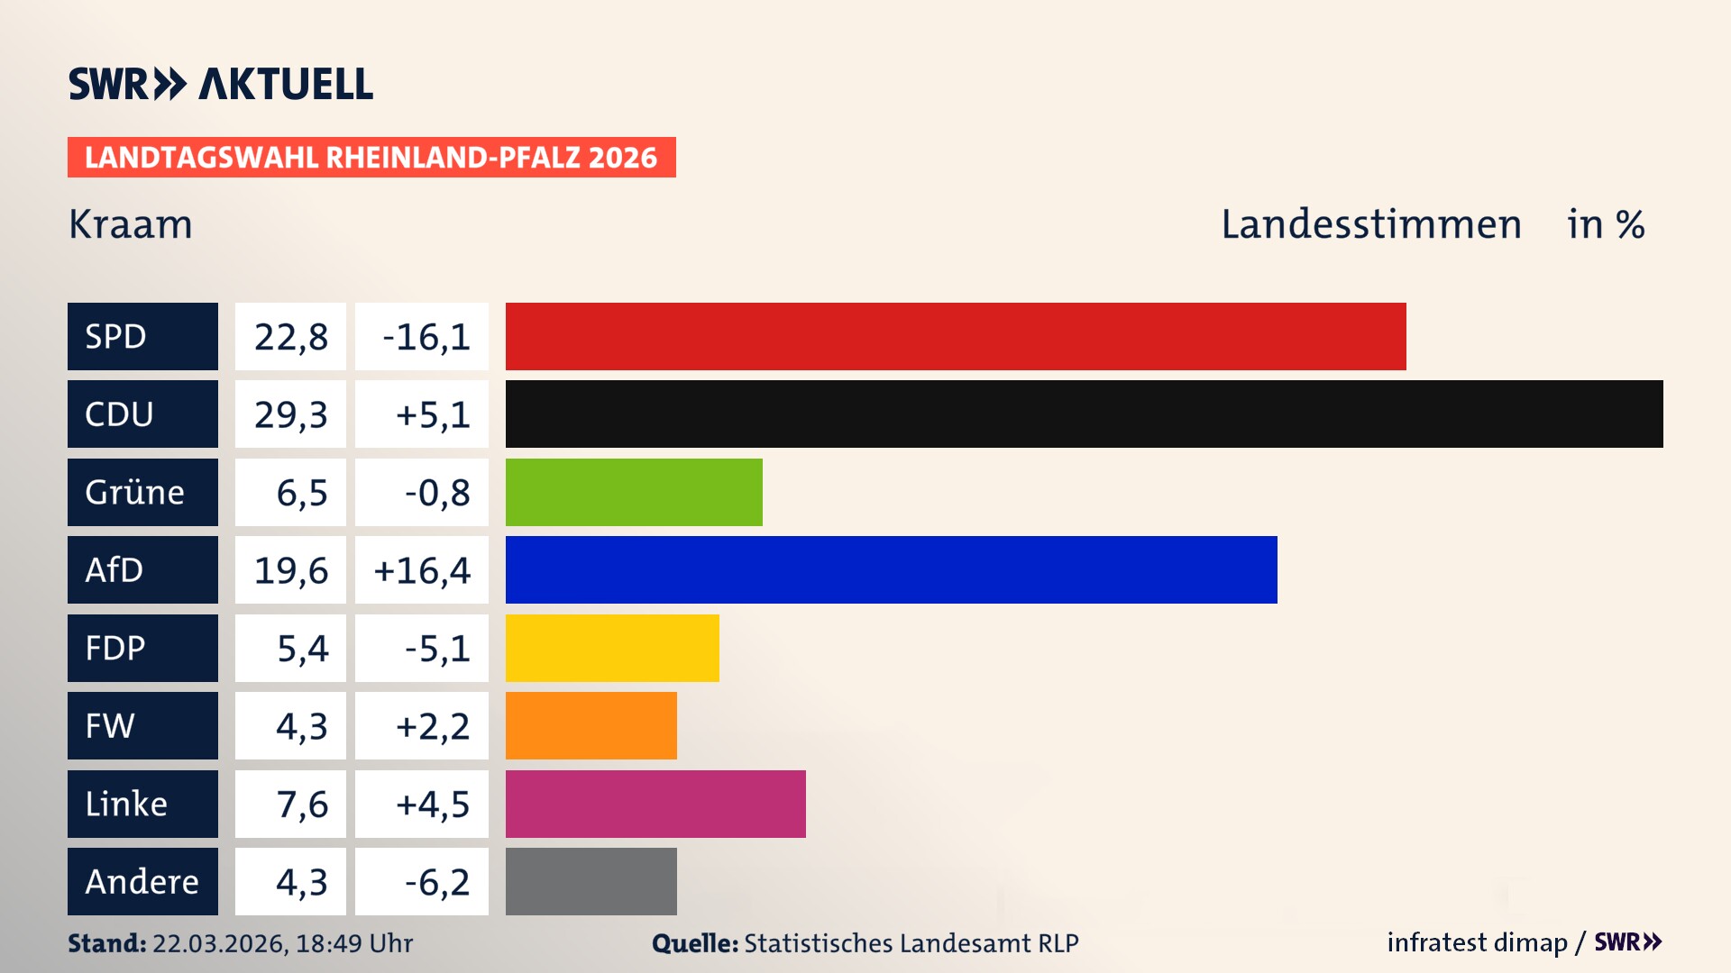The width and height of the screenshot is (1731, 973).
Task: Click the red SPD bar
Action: [x=956, y=336]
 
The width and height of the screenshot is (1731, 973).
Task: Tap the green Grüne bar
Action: [x=634, y=492]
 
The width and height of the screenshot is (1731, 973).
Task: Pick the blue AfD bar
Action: [x=891, y=569]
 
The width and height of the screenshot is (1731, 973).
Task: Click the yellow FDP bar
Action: [x=612, y=648]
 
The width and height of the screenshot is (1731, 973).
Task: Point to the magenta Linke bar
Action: [x=655, y=804]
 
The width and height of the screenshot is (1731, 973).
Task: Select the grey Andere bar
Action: [x=591, y=881]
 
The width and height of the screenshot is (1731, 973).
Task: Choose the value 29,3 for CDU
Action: [x=290, y=414]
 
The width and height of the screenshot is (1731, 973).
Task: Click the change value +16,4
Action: [x=422, y=570]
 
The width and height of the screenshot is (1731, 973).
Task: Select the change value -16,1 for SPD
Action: [x=426, y=337]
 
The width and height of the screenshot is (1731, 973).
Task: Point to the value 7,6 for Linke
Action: [x=301, y=804]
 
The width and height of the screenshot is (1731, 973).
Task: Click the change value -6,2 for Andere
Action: [x=436, y=882]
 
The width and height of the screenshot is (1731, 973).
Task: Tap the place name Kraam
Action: [x=131, y=224]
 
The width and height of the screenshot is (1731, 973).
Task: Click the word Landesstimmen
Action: [x=1370, y=224]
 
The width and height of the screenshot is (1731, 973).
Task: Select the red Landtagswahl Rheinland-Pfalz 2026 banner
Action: [x=371, y=158]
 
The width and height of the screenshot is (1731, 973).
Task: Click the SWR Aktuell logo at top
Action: [x=221, y=84]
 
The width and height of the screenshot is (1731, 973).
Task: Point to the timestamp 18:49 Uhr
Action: [x=353, y=943]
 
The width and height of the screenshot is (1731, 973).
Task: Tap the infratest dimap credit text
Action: [x=1477, y=942]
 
